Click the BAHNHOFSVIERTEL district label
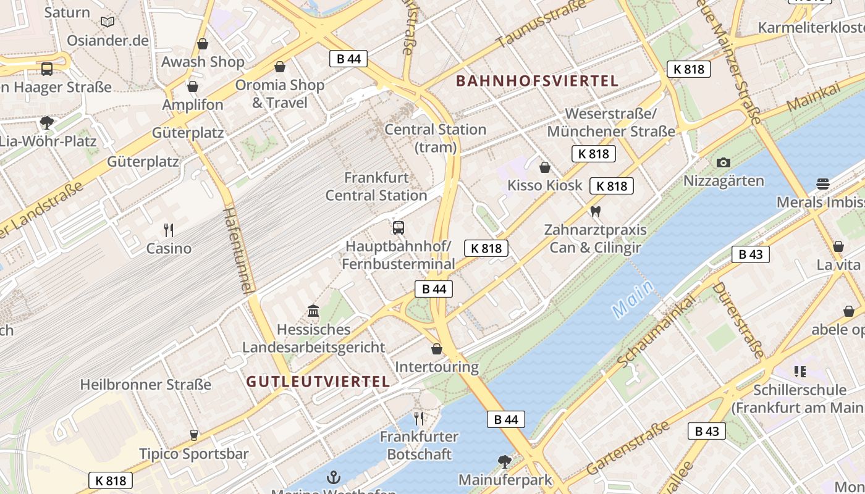[537, 81]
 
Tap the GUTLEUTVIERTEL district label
[318, 382]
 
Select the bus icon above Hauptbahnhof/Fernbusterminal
[399, 228]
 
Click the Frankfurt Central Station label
[376, 186]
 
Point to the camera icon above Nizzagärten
[724, 163]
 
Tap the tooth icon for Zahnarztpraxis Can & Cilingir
[596, 211]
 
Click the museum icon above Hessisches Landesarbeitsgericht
[313, 311]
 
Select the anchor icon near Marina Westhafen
[334, 477]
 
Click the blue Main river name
[633, 299]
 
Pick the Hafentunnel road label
[238, 250]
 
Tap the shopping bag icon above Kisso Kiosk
[545, 167]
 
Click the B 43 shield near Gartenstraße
[707, 431]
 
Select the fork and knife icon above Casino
[169, 230]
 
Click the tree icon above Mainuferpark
[505, 461]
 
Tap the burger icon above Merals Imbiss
[822, 183]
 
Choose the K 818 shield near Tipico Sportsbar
[111, 480]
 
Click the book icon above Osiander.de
[108, 22]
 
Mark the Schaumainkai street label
[656, 331]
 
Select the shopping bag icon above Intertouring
[437, 350]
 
